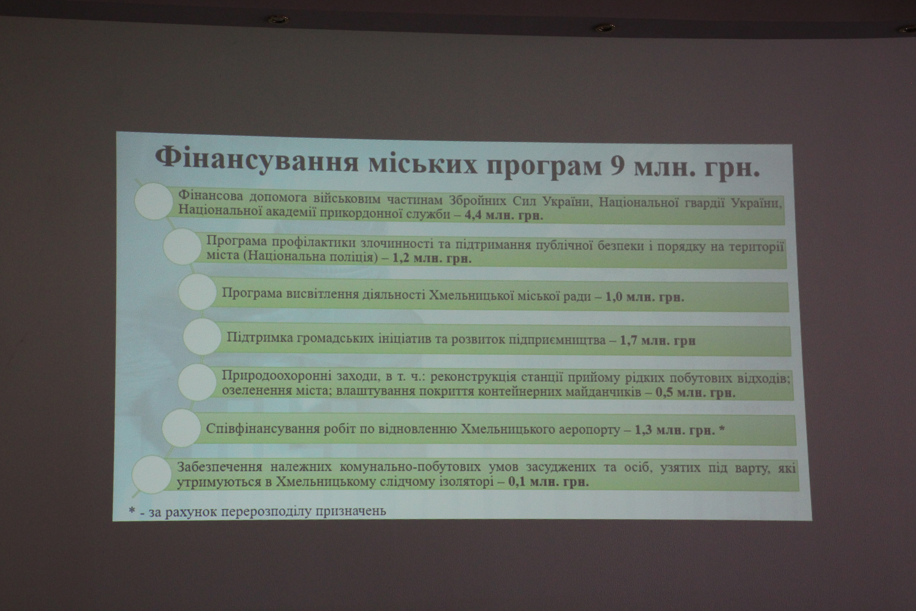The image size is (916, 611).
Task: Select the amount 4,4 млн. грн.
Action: point(504,216)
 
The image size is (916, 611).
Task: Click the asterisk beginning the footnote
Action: point(132,510)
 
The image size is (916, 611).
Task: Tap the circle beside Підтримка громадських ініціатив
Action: point(202,337)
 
